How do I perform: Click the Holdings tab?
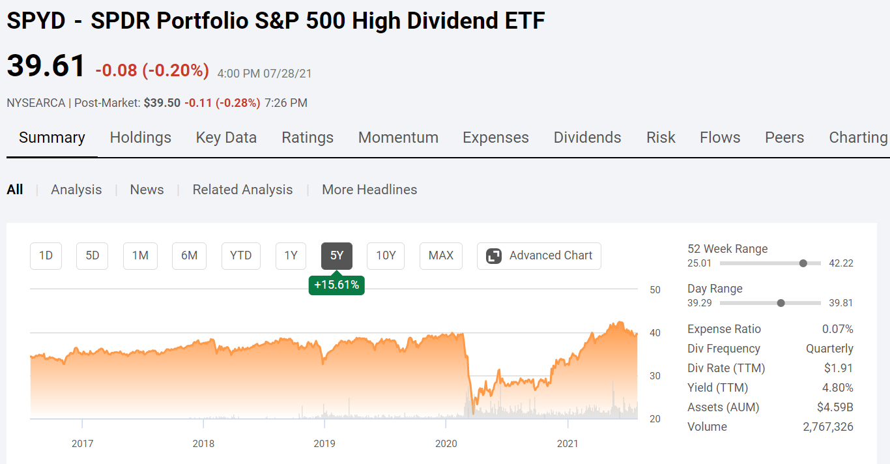pyautogui.click(x=140, y=138)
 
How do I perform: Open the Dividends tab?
pyautogui.click(x=587, y=138)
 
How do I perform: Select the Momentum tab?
pyautogui.click(x=398, y=138)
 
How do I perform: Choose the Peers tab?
pyautogui.click(x=784, y=138)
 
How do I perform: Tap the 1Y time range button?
pyautogui.click(x=291, y=255)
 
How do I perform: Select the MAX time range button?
pyautogui.click(x=440, y=255)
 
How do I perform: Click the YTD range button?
pyautogui.click(x=240, y=255)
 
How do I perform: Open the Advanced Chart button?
pyautogui.click(x=539, y=255)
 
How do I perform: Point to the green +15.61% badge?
pyautogui.click(x=336, y=285)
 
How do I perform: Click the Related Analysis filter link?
pyautogui.click(x=242, y=190)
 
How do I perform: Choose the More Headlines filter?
pyautogui.click(x=369, y=190)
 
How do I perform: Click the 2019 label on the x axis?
pyautogui.click(x=324, y=444)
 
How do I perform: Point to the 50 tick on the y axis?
pyautogui.click(x=655, y=290)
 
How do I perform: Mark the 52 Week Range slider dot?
pyautogui.click(x=803, y=263)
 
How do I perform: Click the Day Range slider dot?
pyautogui.click(x=781, y=303)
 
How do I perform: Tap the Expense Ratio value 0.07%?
pyautogui.click(x=837, y=329)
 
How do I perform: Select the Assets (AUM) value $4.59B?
pyautogui.click(x=835, y=407)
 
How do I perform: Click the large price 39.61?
pyautogui.click(x=46, y=66)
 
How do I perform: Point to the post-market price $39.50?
pyautogui.click(x=162, y=103)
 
